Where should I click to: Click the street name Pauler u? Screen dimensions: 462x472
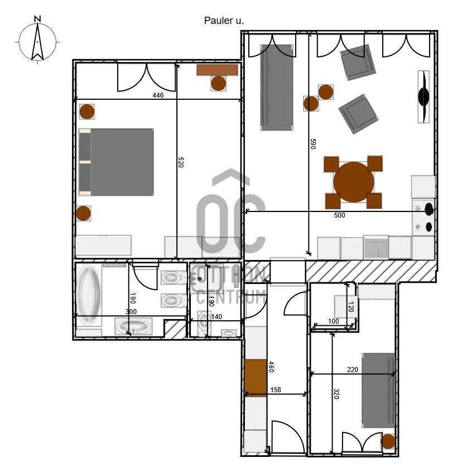coord(224,21)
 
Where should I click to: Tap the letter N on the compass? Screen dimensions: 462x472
coord(37,19)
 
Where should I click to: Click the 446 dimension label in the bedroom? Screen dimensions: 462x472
coord(158,95)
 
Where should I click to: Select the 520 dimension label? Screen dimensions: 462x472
coord(181,162)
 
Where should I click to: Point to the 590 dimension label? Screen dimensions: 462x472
coord(313,144)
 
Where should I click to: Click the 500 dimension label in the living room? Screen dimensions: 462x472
coord(339,215)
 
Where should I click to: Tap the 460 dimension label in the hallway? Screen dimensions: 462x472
coord(271,367)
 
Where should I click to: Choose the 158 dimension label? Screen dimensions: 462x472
coord(276,390)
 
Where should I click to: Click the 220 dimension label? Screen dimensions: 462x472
coord(353,370)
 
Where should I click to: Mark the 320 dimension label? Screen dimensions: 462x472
coord(336,394)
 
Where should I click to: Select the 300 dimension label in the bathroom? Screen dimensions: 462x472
coord(131,311)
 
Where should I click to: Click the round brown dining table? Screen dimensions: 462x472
coord(354,182)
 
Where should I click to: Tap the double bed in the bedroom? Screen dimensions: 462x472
coord(116,162)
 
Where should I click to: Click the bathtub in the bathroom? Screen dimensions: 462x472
coord(88,295)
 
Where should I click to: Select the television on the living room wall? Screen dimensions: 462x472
coord(423,97)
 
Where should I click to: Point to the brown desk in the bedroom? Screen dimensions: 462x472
coord(217,70)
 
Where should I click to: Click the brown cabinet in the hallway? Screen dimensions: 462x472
coord(256,378)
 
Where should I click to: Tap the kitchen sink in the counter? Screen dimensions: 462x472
coord(376,248)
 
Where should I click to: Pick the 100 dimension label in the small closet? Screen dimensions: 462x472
coord(333,321)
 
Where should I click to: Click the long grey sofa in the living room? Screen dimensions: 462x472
coord(277,87)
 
